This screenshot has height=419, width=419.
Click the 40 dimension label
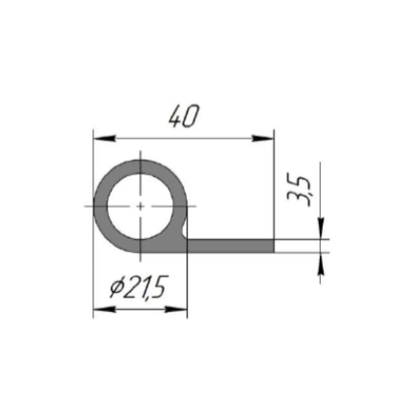coord(184,116)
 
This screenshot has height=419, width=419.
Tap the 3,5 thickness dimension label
coord(299,191)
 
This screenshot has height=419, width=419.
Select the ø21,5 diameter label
coord(139,287)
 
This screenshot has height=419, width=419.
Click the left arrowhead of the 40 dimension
coord(104,138)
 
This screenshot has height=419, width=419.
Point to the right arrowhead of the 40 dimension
coord(263,138)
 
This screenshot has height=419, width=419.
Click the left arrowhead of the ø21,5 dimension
coord(104,310)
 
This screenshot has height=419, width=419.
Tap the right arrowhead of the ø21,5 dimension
coord(176,310)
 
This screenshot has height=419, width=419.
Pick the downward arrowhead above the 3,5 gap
coord(321,229)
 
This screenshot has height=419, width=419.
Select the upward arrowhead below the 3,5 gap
coord(321,263)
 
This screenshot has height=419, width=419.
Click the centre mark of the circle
coord(140,206)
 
